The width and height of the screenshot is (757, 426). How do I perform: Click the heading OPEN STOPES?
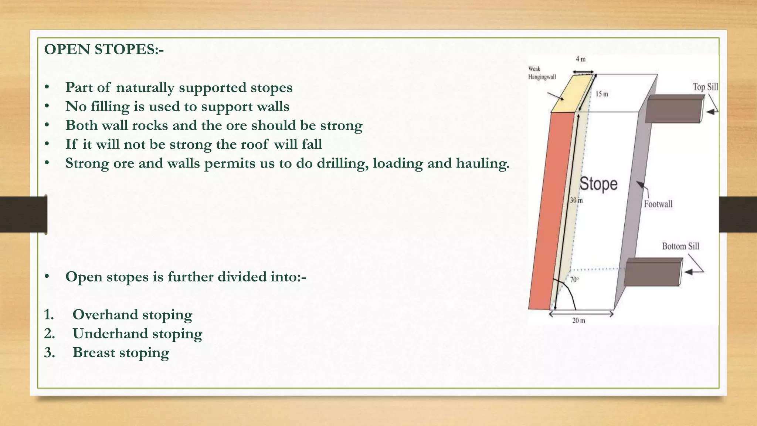104,50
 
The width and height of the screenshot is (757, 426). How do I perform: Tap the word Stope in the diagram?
598,184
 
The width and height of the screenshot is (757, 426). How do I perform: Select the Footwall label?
658,204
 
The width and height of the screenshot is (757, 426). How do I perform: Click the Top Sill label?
705,87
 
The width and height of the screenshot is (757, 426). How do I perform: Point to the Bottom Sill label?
680,246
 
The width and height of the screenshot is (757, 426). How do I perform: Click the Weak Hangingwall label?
542,73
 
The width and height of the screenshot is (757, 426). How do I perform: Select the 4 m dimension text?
580,59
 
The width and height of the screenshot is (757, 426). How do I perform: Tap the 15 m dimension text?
602,94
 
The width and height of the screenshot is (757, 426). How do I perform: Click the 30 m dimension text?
576,200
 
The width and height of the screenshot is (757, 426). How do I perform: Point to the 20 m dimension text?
579,321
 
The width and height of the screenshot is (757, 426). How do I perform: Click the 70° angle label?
574,280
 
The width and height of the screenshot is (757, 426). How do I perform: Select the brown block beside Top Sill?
674,108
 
